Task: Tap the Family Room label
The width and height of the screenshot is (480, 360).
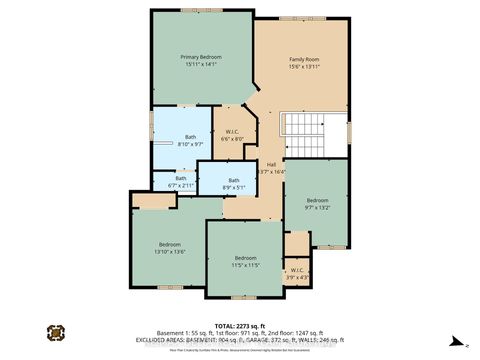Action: pos(304,58)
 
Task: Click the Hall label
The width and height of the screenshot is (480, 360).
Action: pos(271,165)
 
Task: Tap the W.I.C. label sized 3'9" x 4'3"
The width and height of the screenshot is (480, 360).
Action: pos(297,269)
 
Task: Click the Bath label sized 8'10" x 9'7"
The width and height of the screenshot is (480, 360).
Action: pos(190,138)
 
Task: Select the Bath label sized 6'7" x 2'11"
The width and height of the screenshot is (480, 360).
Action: pos(181,179)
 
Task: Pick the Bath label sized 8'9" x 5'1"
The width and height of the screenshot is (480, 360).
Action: pos(233,180)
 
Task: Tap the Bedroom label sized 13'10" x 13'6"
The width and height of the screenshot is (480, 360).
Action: pos(170,244)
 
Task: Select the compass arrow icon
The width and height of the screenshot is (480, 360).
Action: pos(452,338)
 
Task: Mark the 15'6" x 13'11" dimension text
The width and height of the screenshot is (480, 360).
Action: pos(304,66)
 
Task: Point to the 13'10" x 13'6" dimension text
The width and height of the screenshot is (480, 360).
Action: pos(170,252)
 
